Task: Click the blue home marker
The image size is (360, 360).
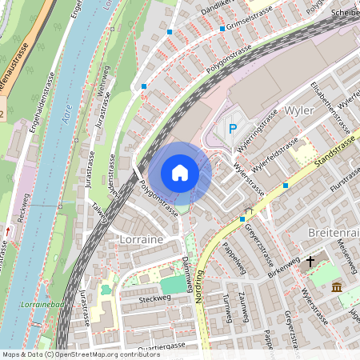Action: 180,172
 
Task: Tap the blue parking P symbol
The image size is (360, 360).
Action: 234,128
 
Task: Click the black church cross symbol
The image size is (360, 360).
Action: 310,261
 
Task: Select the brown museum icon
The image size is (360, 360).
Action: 337,287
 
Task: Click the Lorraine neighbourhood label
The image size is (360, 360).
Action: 141,238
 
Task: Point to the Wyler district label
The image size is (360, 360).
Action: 298,110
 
